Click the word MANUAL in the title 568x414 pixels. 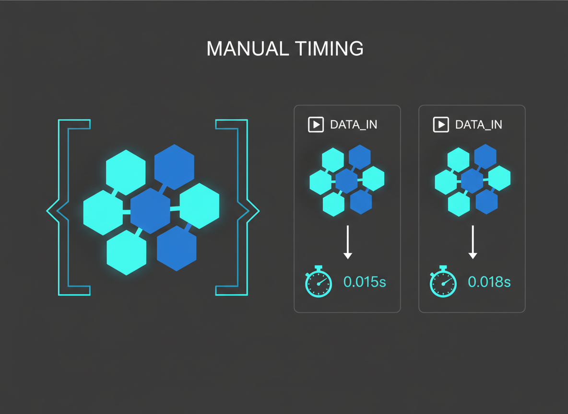(x=248, y=48)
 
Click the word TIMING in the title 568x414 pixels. (x=329, y=48)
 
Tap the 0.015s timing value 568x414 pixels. (x=365, y=282)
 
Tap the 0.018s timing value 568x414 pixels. (x=489, y=282)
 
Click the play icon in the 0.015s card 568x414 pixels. (x=316, y=125)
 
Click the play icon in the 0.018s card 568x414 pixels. (x=441, y=125)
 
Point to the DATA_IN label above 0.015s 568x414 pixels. (x=354, y=125)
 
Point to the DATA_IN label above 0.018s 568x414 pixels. (x=478, y=125)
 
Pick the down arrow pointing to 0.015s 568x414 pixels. (x=348, y=242)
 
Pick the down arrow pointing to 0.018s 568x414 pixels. (x=473, y=242)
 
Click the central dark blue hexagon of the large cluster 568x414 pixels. (x=150, y=211)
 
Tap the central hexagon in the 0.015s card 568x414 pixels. (x=347, y=181)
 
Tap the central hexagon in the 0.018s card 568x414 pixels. (x=472, y=181)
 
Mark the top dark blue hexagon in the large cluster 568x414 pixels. (x=174, y=167)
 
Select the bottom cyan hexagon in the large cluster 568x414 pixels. (x=127, y=253)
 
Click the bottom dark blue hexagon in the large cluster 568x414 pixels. (x=177, y=248)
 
